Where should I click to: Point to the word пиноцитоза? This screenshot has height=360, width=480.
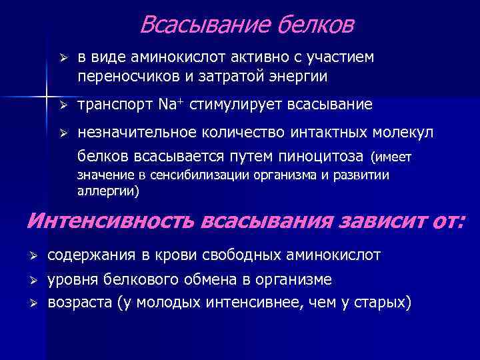pyautogui.click(x=327, y=157)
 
